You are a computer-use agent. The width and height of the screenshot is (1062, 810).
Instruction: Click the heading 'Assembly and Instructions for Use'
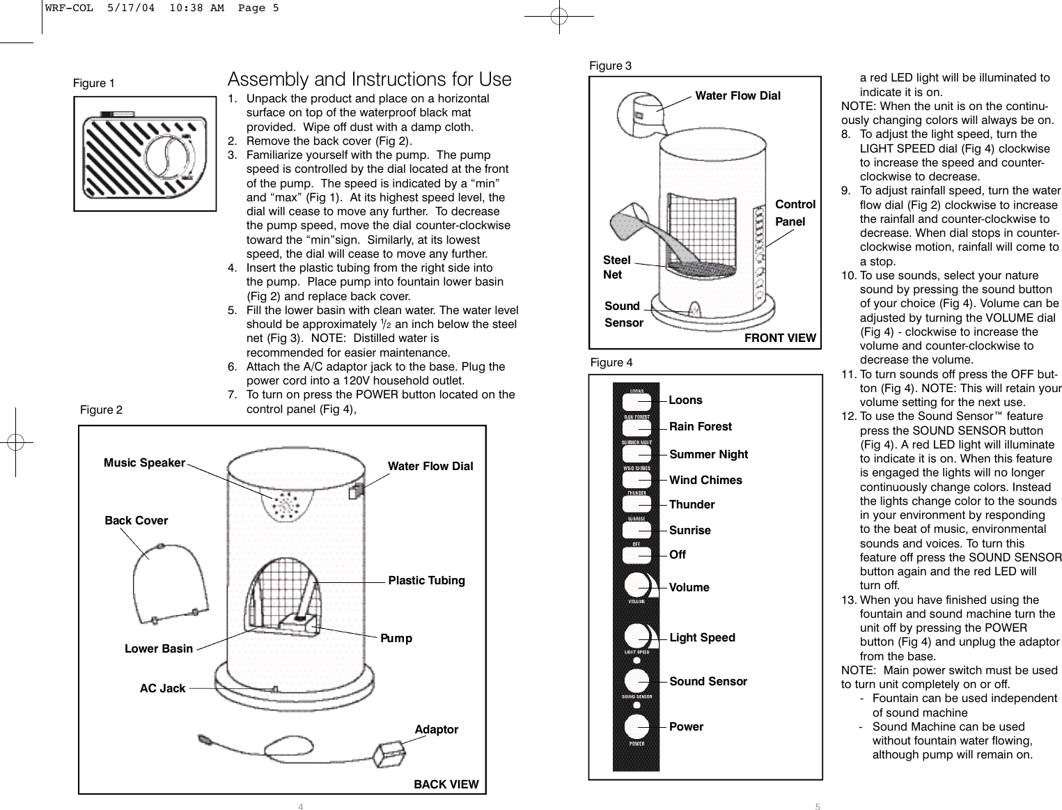(x=369, y=79)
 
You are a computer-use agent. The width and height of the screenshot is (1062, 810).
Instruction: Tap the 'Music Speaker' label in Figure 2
(x=144, y=462)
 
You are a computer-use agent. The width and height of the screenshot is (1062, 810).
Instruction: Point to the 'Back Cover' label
(x=136, y=520)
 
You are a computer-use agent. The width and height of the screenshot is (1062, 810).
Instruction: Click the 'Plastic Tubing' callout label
(x=426, y=580)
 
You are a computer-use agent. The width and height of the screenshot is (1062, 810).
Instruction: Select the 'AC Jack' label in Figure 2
(x=162, y=688)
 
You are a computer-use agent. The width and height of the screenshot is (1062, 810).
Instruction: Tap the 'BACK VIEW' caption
(x=446, y=784)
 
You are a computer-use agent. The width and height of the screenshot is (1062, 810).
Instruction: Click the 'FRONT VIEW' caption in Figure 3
(x=780, y=338)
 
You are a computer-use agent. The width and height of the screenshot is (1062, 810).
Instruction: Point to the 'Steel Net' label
(x=616, y=267)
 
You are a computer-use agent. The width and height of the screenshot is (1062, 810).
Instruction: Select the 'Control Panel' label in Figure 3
(x=795, y=212)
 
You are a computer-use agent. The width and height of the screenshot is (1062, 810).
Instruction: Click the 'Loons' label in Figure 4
(x=685, y=400)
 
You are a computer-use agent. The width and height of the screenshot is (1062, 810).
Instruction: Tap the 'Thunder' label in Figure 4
(x=692, y=504)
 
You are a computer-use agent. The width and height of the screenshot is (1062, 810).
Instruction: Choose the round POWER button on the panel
(x=637, y=726)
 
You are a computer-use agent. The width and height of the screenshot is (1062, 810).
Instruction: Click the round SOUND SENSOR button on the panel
(x=637, y=680)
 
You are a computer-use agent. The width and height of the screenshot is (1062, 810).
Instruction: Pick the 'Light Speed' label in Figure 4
(x=702, y=637)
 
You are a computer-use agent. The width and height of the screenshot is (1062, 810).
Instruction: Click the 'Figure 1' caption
(x=94, y=83)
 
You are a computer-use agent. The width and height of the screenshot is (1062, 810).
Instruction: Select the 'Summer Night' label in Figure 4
(x=708, y=454)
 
